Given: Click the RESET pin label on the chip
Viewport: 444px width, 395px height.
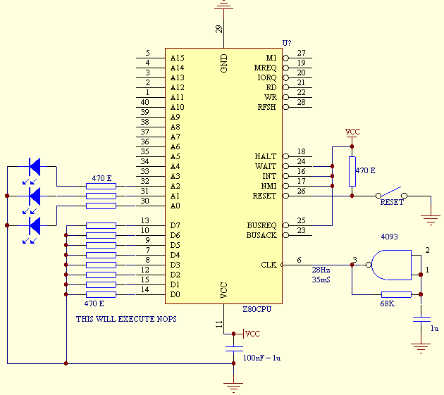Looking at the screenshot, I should [x=264, y=196].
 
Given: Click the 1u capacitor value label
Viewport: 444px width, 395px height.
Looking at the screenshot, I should [x=435, y=328].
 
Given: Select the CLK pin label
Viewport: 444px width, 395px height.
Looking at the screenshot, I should [x=268, y=265].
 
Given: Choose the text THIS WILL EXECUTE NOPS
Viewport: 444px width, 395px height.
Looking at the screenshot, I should [x=126, y=319].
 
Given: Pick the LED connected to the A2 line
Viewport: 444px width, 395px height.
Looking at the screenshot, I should [x=34, y=167].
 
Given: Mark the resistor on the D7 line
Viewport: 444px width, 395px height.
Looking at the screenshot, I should [x=101, y=225].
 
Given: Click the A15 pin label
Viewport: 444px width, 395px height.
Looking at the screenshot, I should [x=177, y=58].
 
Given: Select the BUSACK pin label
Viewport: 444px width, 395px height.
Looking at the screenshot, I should [x=261, y=235].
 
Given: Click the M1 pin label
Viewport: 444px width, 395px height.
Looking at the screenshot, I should [x=271, y=58].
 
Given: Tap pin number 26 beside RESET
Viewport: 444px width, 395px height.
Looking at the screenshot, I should [x=302, y=191].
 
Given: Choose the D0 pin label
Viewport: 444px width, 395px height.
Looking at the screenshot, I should [x=175, y=294].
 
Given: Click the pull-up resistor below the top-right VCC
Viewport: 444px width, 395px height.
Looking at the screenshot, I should [x=352, y=171].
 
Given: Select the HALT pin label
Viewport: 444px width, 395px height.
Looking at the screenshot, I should [x=266, y=156].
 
